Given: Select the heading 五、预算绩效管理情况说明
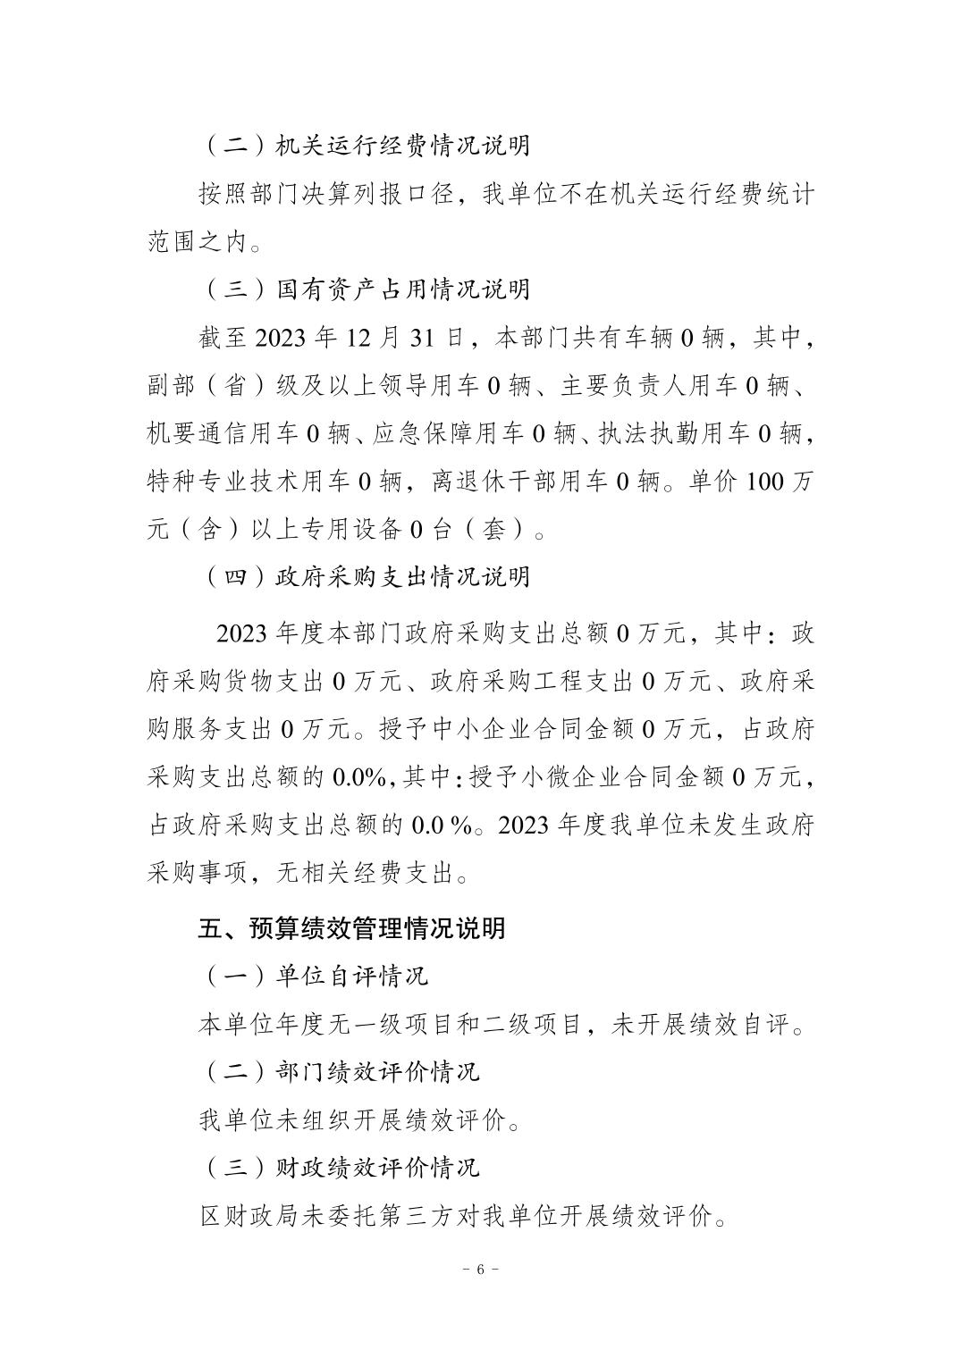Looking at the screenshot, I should tap(351, 928).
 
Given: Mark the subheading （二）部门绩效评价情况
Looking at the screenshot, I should tap(341, 1071).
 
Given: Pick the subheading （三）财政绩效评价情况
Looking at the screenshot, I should tap(341, 1167).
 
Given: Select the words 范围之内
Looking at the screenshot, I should tap(197, 242).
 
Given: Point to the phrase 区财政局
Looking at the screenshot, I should tap(249, 1215).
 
